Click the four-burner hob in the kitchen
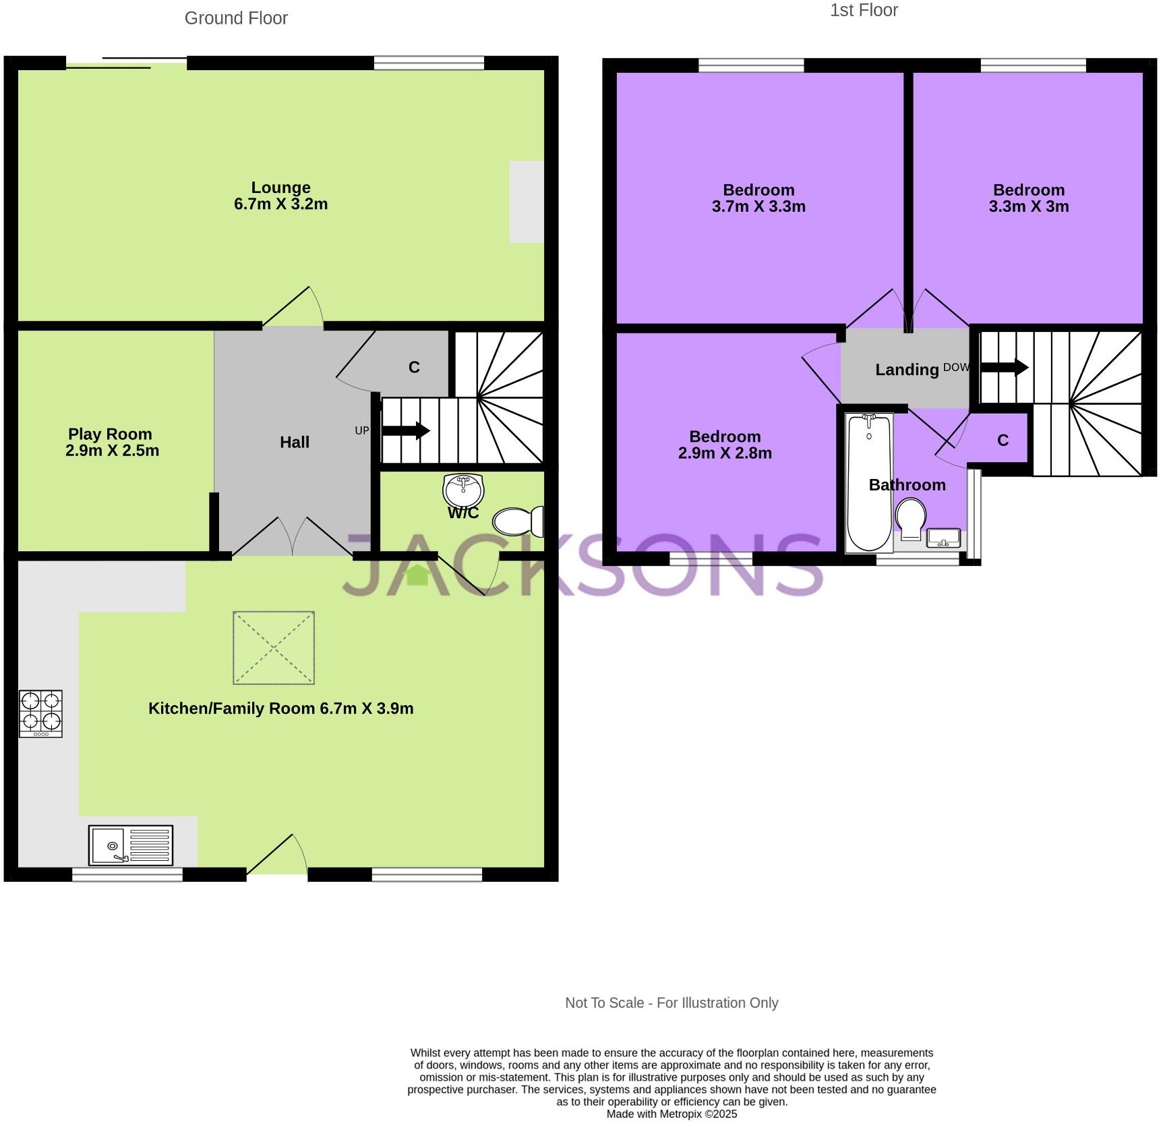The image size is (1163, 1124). coord(40,713)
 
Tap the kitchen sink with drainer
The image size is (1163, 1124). coord(130,845)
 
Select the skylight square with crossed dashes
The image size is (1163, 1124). coord(274,648)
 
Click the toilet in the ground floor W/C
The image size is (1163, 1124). coord(518,521)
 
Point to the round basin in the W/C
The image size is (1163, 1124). coord(463,488)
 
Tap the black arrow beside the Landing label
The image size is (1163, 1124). coord(1004,368)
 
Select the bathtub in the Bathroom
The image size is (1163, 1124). coord(869,482)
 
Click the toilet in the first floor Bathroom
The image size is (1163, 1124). coord(911,517)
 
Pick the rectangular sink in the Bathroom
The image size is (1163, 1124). coord(943,538)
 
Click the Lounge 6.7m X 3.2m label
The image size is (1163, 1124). coord(280,196)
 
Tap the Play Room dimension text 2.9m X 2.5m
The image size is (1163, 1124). coord(112,451)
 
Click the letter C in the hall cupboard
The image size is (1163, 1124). coord(414,367)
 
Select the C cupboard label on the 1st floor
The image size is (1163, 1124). coord(1003,441)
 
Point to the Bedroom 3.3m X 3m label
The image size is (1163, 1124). coord(1028,198)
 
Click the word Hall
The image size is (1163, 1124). coord(295,442)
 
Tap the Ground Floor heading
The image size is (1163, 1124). coord(236,18)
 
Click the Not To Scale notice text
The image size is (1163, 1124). coord(671,1003)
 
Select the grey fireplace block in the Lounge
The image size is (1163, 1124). coord(526,201)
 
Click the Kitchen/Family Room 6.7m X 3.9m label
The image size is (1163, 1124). coord(280,708)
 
